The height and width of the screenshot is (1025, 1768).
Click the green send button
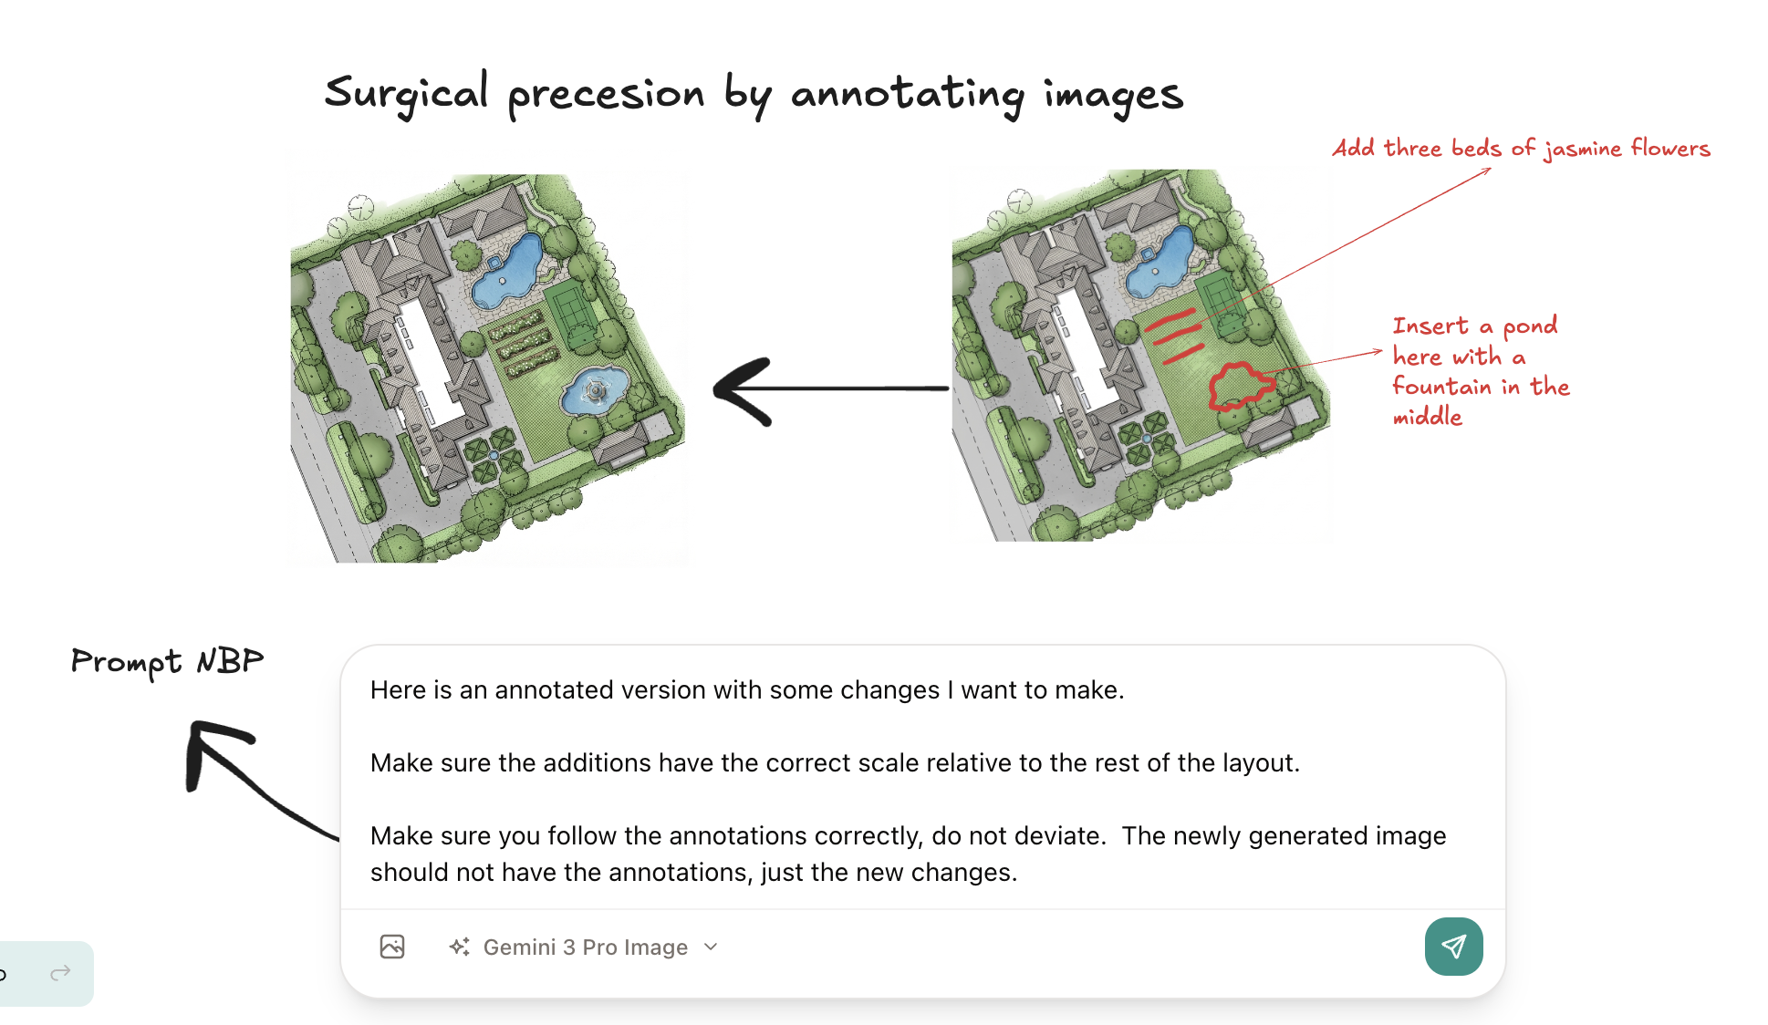pos(1453,947)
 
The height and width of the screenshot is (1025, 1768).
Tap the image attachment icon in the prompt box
pos(392,947)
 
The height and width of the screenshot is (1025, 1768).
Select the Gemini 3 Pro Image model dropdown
pos(584,947)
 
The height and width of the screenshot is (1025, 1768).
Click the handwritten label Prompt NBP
pos(167,661)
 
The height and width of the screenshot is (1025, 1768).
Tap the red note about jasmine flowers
pos(1521,149)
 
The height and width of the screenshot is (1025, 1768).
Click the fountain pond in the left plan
pos(594,391)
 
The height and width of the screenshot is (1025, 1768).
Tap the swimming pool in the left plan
pos(508,269)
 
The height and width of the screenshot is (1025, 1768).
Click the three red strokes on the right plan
pos(1173,335)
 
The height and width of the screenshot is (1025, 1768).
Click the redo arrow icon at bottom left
pos(60,974)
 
